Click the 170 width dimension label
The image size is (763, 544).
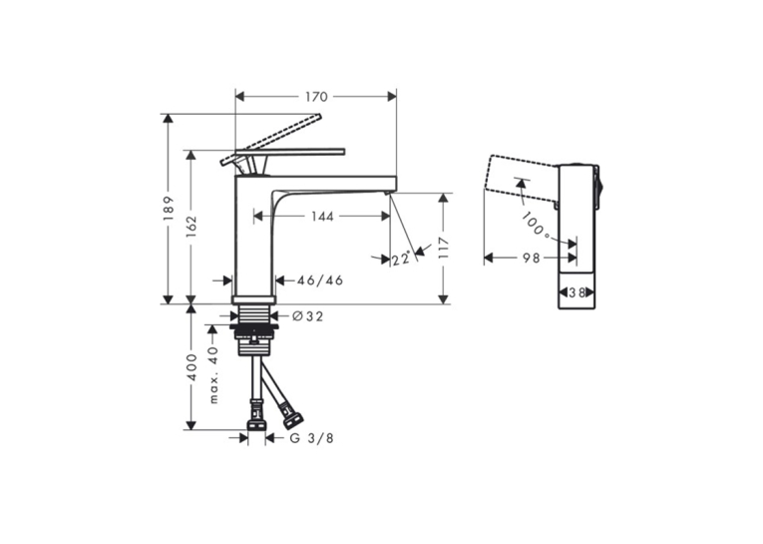(x=316, y=97)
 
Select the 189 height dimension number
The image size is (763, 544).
(x=169, y=208)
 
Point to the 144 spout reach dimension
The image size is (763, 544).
(x=322, y=216)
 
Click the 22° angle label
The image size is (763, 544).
(x=402, y=260)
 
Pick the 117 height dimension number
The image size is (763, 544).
(x=443, y=249)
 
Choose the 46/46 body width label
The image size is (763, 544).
(x=320, y=280)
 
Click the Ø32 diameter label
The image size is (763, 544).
(x=308, y=316)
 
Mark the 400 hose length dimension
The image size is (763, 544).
(x=191, y=367)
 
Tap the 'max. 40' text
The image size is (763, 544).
(x=213, y=375)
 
